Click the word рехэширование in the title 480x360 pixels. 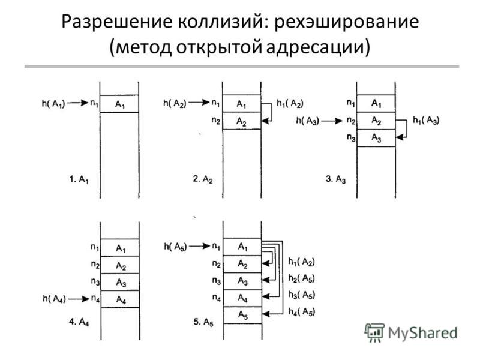tap(347, 22)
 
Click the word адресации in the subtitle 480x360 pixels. tap(318, 48)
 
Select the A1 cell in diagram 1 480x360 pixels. tap(119, 104)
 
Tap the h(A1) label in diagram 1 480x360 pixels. tap(53, 103)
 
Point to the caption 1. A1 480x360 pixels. tap(79, 179)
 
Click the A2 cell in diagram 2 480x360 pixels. tap(242, 121)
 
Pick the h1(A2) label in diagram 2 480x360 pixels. tap(290, 103)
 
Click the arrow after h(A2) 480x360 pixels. tap(199, 102)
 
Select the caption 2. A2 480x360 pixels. tap(203, 179)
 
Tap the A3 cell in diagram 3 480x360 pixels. tap(376, 138)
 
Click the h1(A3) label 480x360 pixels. tap(426, 121)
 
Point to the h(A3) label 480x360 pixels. tap(308, 121)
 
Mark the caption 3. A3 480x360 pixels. tap(335, 179)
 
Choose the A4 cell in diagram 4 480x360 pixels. tap(120, 299)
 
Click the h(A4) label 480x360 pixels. tap(55, 299)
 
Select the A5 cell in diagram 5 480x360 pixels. tap(242, 315)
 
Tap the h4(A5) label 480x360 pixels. tap(302, 312)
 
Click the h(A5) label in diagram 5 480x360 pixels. tap(175, 247)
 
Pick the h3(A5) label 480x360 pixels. tap(302, 295)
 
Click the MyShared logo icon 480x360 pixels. tap(374, 332)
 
